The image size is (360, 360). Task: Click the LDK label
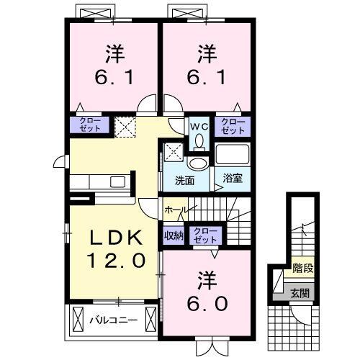click(x=112, y=238)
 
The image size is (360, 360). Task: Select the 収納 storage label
click(x=174, y=234)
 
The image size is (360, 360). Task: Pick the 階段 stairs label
click(x=302, y=271)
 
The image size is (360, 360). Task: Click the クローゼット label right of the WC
click(x=233, y=126)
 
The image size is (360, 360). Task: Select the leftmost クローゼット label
click(x=89, y=125)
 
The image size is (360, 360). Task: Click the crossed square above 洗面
click(x=174, y=152)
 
